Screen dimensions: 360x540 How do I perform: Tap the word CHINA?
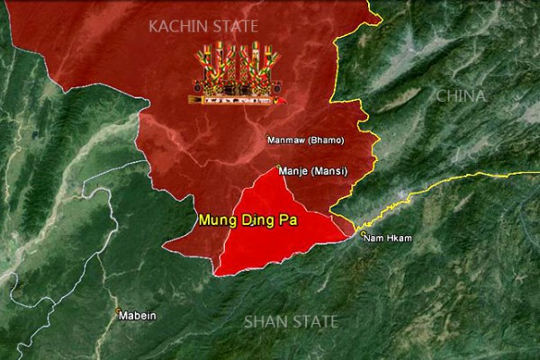[x=460, y=95]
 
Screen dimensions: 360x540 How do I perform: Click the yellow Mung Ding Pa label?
[x=239, y=219]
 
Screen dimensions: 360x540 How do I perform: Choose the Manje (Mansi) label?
[x=313, y=171]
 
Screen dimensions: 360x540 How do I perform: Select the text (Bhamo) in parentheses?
[x=325, y=140]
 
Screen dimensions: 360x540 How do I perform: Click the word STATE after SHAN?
[x=315, y=320]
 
